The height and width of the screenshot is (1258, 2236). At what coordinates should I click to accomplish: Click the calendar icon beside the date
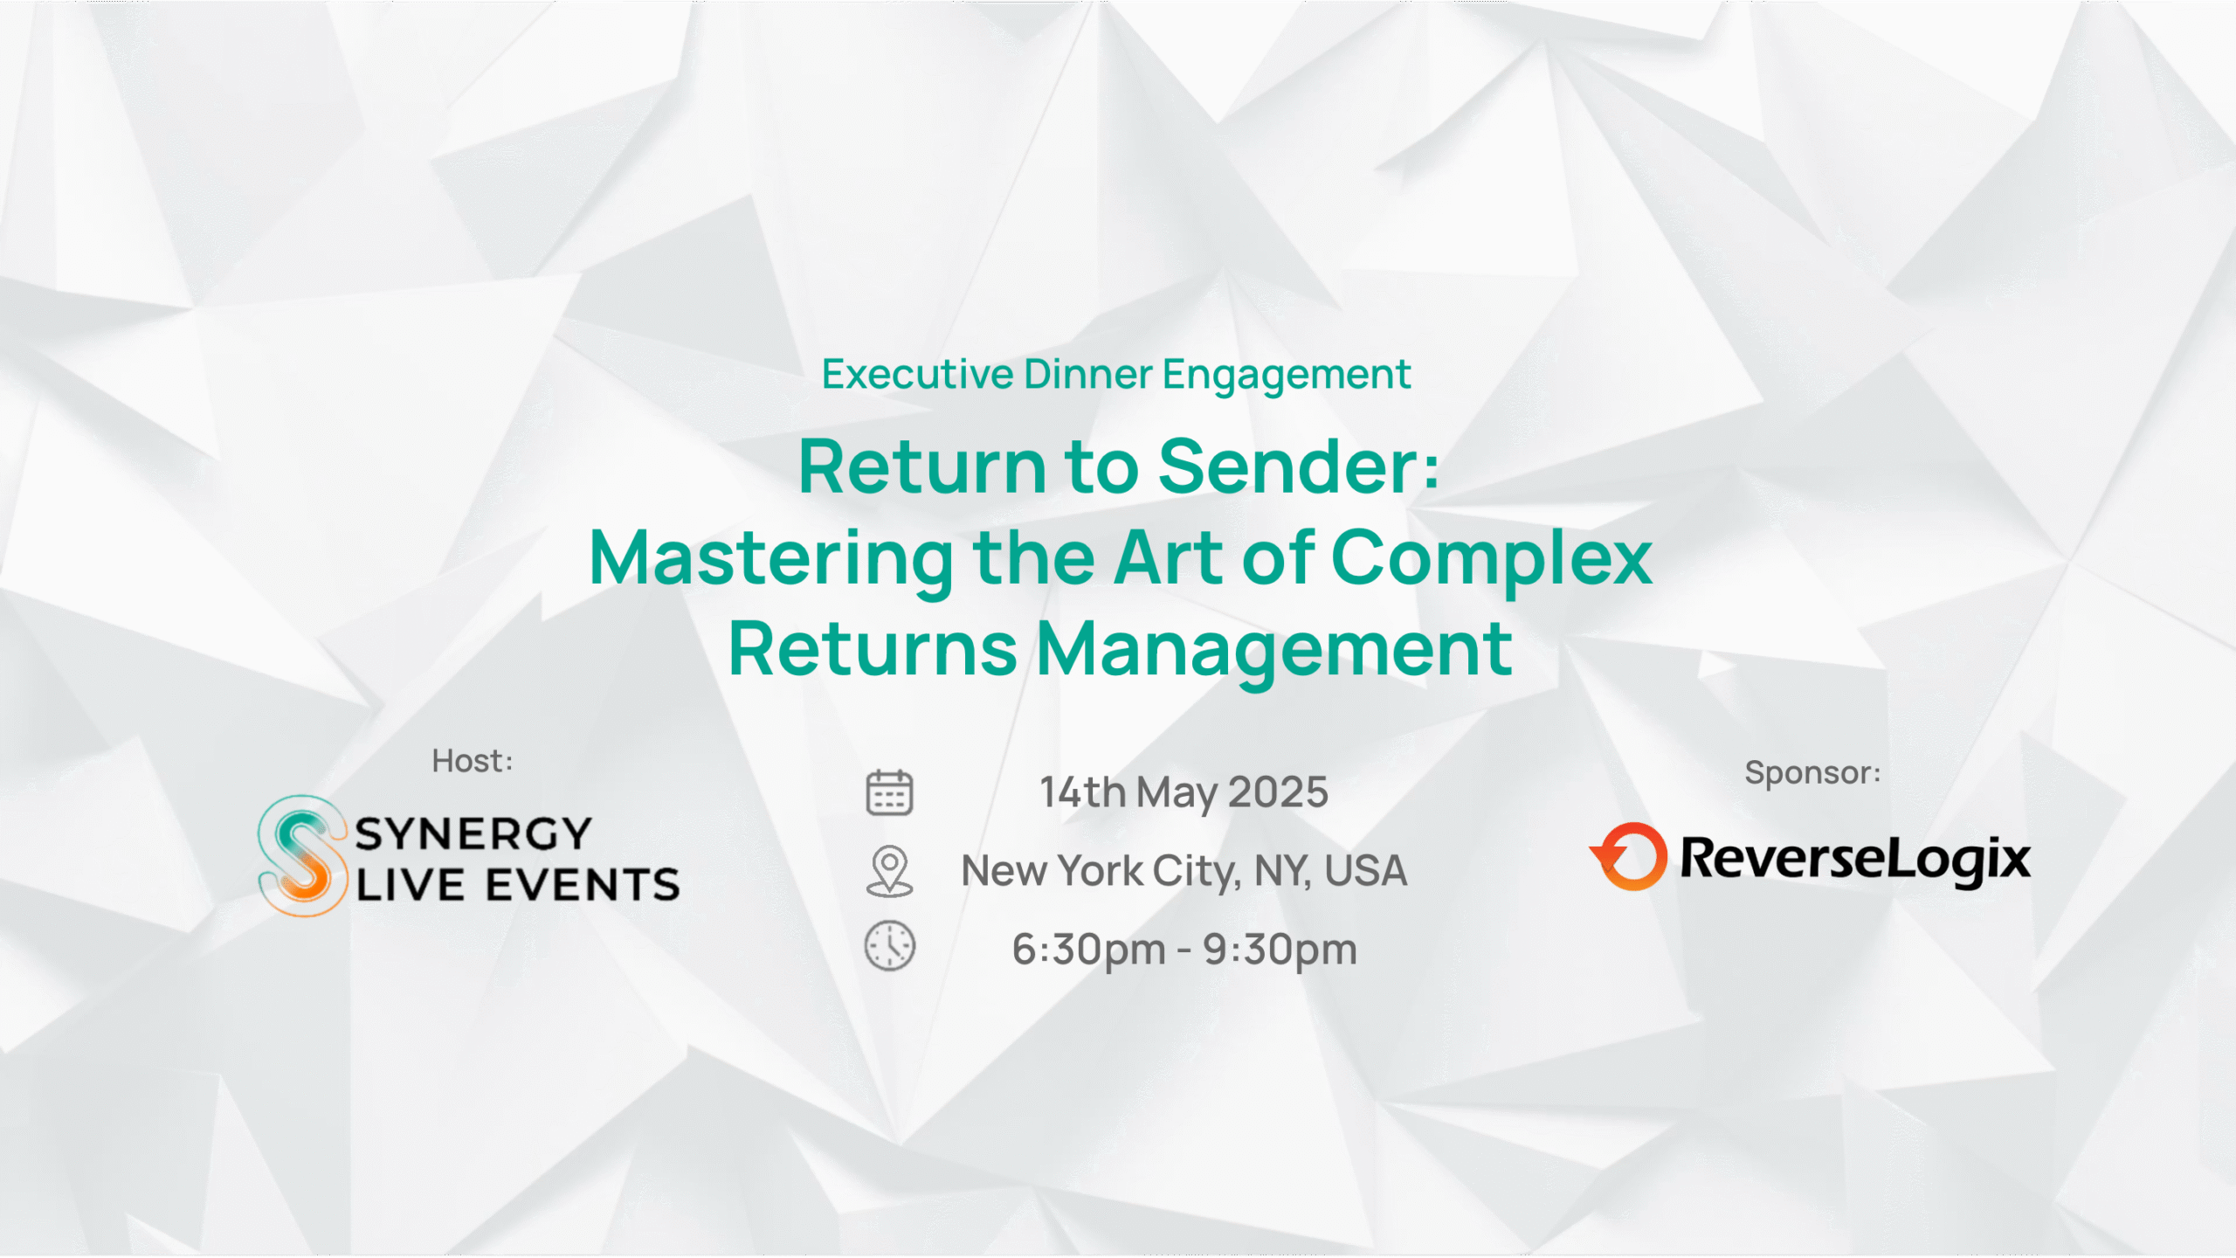pyautogui.click(x=889, y=792)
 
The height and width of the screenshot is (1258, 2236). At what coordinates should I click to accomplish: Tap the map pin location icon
pyautogui.click(x=889, y=871)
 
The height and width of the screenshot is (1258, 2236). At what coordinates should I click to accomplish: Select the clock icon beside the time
pyautogui.click(x=889, y=945)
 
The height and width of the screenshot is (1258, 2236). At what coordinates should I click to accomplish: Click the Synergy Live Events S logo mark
pyautogui.click(x=301, y=856)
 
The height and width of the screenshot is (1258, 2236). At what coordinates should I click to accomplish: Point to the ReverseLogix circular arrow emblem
pyautogui.click(x=1629, y=856)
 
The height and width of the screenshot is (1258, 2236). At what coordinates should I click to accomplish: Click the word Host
pyautogui.click(x=470, y=761)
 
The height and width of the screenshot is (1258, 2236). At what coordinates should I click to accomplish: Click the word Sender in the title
pyautogui.click(x=1288, y=467)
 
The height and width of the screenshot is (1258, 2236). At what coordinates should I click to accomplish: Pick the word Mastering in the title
pyautogui.click(x=772, y=559)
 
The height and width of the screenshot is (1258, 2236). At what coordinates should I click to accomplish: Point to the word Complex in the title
pyautogui.click(x=1491, y=559)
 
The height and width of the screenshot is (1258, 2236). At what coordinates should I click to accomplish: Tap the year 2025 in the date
pyautogui.click(x=1278, y=792)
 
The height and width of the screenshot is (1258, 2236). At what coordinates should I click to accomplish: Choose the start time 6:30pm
pyautogui.click(x=1088, y=950)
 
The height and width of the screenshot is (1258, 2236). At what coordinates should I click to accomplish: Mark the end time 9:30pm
pyautogui.click(x=1280, y=950)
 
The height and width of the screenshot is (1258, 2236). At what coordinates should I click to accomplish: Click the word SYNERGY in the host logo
pyautogui.click(x=473, y=833)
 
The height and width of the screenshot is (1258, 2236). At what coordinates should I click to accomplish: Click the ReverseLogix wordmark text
pyautogui.click(x=1855, y=859)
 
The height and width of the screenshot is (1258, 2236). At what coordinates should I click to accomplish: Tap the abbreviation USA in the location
pyautogui.click(x=1365, y=871)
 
